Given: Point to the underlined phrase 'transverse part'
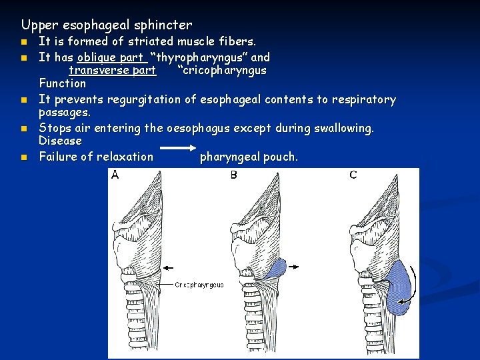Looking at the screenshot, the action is coord(112,70).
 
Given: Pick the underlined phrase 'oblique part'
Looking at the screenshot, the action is coord(111,57).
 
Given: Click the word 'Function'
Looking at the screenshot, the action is coord(62,83).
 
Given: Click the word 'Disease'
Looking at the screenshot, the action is coord(60,141).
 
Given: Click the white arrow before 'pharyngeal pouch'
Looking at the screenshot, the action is coord(177,149).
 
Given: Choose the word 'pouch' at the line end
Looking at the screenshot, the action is coord(281,157).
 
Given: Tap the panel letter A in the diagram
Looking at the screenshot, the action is coord(115,175).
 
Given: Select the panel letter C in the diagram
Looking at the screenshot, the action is coord(353,175).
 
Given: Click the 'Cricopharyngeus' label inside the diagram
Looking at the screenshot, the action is coord(200,285).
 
